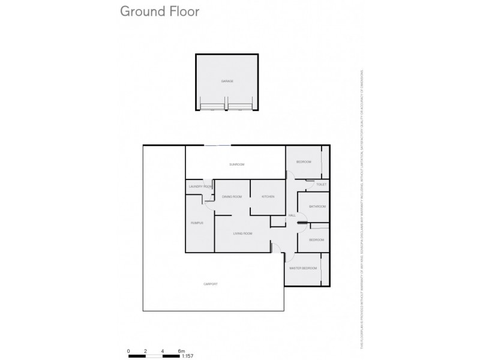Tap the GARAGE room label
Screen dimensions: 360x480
pos(226,80)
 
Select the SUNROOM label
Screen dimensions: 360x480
pos(237,164)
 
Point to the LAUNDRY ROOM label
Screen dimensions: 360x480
pos(200,187)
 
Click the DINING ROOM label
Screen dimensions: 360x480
pos(232,197)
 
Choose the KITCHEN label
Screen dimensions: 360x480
pos(268,197)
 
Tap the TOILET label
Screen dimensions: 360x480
pos(321,185)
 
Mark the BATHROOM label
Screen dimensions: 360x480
pos(317,206)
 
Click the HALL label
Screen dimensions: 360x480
pos(292,215)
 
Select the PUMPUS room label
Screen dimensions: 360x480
pos(197,223)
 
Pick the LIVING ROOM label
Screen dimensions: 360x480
pos(242,233)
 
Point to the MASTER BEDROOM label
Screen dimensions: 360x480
pos(302,268)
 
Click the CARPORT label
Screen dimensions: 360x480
pos(210,284)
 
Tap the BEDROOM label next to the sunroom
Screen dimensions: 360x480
pos(304,162)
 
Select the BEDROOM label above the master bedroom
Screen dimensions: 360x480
pos(316,239)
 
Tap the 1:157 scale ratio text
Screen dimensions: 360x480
pos(187,355)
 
